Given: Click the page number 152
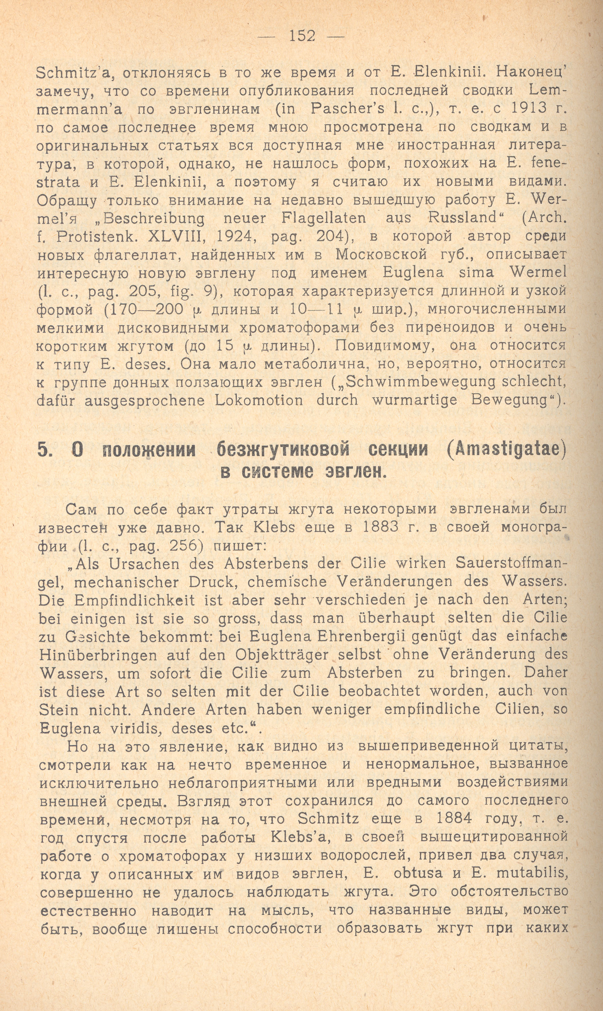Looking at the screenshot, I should [x=302, y=36].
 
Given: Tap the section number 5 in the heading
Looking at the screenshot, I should [x=43, y=450].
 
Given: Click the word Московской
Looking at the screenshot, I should [x=381, y=255].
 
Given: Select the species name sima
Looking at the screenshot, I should [x=476, y=273].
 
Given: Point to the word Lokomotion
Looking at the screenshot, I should [x=259, y=401].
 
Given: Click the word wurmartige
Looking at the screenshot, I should [x=414, y=401].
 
